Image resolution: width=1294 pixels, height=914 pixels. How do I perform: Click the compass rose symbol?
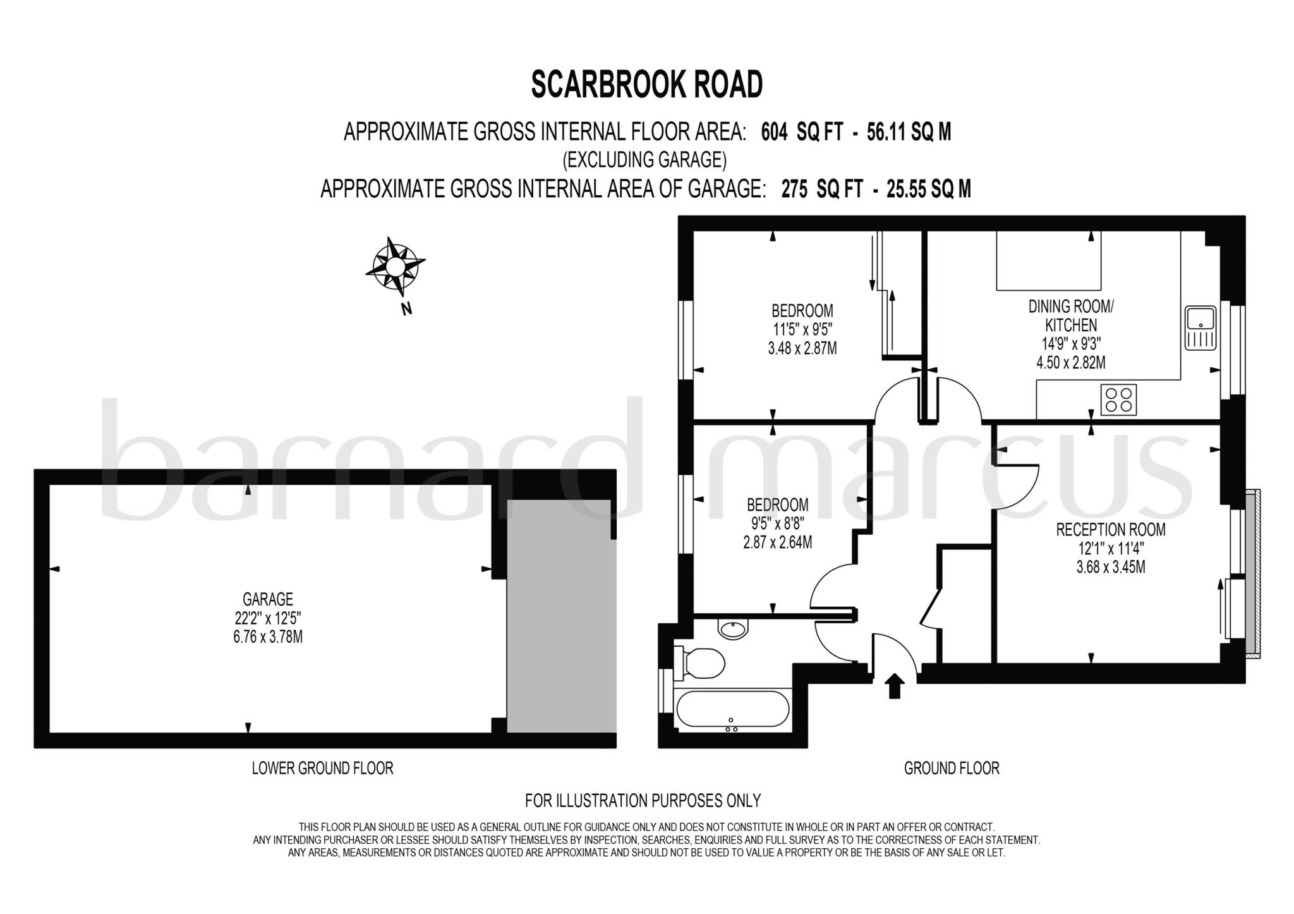point(395,266)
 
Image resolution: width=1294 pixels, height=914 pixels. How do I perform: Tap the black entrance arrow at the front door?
point(894,686)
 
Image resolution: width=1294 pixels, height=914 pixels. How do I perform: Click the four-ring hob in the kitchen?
point(1118,399)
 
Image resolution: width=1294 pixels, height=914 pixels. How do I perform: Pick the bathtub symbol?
point(732,710)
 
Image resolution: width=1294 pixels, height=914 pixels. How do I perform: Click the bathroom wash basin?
point(733,628)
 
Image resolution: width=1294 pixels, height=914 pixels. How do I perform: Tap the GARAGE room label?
point(268,599)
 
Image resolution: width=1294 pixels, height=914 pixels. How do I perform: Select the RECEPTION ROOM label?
point(1111,530)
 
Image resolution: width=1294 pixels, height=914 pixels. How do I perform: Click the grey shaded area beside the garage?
point(561,616)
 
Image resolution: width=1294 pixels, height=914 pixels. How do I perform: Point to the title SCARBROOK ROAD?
point(647,85)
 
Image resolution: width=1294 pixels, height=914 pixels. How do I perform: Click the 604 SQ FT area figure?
point(802,132)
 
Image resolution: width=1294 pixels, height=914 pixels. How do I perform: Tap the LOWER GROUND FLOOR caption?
point(322,768)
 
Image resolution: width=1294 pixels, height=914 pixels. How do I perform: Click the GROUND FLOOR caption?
point(952,768)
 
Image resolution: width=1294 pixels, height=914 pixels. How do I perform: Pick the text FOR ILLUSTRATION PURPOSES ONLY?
point(643,801)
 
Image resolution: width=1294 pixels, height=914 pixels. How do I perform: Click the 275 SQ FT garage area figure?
point(822,189)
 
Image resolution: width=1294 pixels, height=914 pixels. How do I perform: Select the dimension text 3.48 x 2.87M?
point(802,348)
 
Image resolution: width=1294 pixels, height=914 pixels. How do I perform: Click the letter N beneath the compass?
point(407,309)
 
